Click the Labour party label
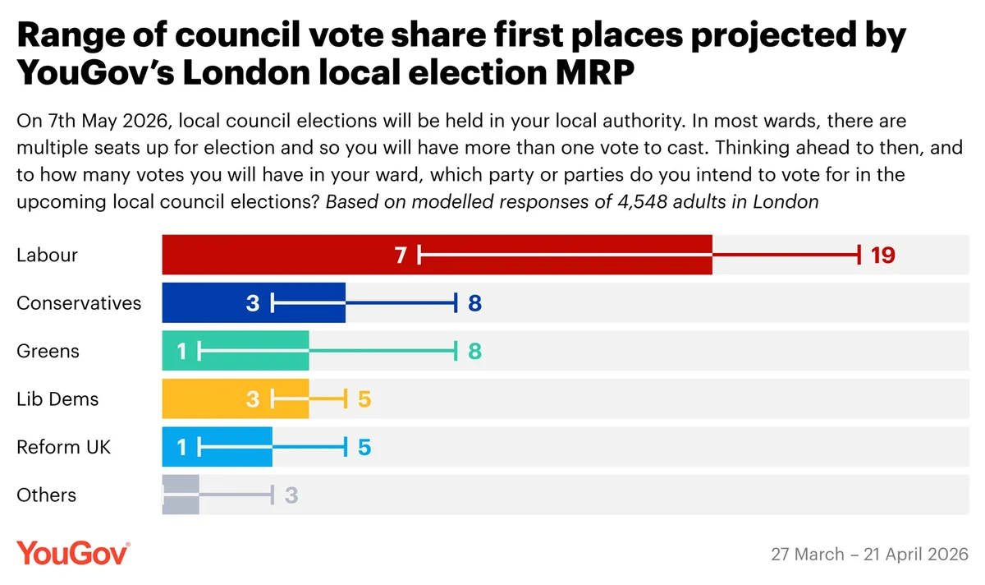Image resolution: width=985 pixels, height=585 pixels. click(47, 255)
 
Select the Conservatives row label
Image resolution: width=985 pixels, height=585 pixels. click(79, 302)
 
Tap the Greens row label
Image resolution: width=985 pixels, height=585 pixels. click(48, 351)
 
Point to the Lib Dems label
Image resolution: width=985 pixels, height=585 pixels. click(57, 398)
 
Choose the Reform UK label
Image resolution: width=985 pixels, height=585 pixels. click(63, 447)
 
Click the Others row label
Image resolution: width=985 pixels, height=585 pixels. click(46, 495)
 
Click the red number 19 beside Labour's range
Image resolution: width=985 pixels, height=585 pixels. click(882, 255)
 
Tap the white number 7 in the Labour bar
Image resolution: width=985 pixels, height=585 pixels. click(401, 255)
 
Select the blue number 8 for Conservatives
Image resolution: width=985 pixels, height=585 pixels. click(474, 303)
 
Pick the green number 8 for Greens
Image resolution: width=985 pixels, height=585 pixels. click(474, 351)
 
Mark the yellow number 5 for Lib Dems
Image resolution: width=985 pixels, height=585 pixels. click(364, 399)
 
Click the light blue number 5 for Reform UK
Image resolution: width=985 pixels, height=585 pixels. click(364, 447)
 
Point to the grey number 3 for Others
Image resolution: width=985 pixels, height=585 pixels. click(291, 495)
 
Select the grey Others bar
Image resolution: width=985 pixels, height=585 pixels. click(181, 495)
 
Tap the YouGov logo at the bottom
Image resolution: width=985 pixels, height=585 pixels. click(73, 552)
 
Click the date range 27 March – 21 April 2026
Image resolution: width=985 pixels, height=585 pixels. click(869, 554)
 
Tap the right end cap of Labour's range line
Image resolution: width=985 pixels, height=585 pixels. click(859, 255)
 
